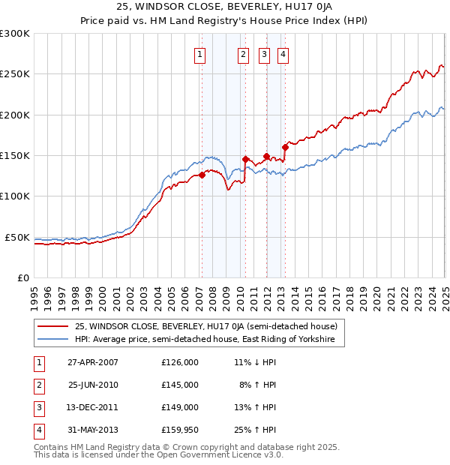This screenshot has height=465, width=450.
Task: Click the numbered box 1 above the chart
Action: coord(201,53)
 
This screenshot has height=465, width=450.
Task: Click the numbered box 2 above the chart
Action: coord(244,53)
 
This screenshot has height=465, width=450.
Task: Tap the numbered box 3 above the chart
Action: coord(265,53)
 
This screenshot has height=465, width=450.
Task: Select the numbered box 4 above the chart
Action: coord(283,53)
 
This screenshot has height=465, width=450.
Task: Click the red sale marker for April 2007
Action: coord(202,175)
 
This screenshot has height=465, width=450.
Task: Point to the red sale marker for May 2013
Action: coord(285,147)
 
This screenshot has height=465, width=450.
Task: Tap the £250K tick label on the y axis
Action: coord(15,74)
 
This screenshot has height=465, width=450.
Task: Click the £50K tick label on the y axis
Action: coord(18,237)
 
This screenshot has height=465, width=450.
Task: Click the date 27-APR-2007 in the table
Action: coord(93,362)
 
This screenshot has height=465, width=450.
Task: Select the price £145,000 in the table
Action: coord(180,385)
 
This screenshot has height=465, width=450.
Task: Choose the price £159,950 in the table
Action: coord(180,430)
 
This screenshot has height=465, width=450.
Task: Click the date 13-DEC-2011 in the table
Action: coord(93,407)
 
